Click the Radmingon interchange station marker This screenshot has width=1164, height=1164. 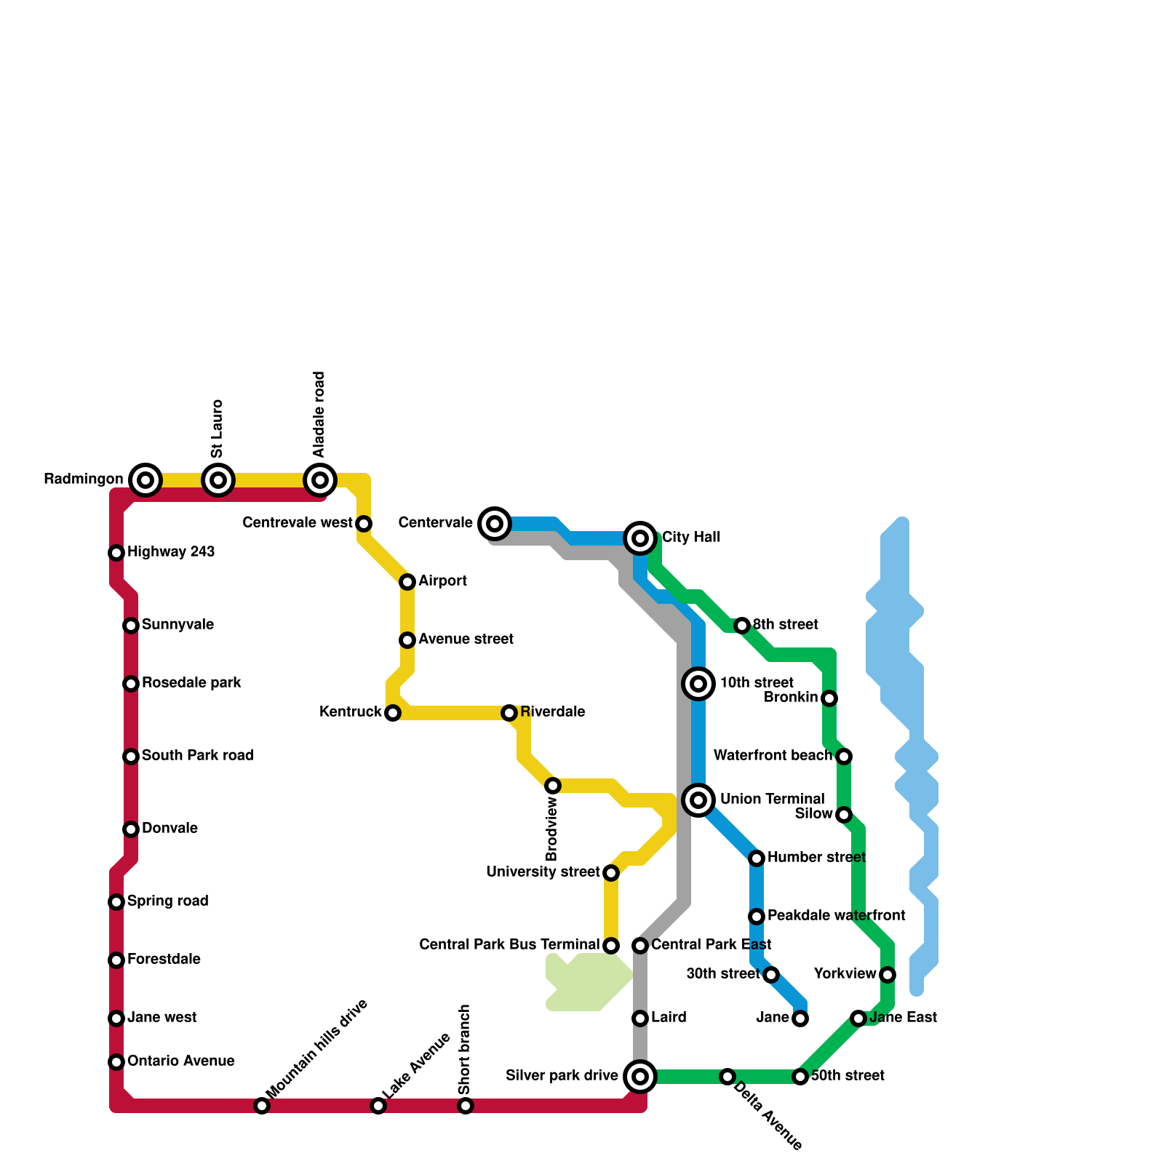(x=145, y=479)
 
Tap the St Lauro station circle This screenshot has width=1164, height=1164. (x=218, y=479)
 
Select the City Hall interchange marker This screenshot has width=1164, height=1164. (x=640, y=538)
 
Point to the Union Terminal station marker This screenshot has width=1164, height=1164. (x=698, y=800)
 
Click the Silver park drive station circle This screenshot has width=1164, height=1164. (x=640, y=1076)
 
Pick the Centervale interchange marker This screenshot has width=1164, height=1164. (x=495, y=523)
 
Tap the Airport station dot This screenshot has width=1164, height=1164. (x=407, y=581)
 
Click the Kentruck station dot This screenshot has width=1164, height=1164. (x=393, y=712)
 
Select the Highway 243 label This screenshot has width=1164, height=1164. (x=171, y=552)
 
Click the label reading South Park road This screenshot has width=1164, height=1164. (x=197, y=756)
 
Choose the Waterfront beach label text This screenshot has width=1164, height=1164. (x=773, y=756)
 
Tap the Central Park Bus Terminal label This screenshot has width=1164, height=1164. (x=510, y=945)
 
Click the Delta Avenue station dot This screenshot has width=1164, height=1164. (x=727, y=1076)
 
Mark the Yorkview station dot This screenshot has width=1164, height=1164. (x=888, y=974)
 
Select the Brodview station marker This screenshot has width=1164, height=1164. (x=553, y=785)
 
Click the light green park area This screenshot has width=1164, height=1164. (x=588, y=982)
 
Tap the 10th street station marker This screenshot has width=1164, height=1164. (x=698, y=683)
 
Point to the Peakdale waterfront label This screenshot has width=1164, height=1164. (x=837, y=916)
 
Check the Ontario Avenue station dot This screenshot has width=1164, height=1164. (x=116, y=1061)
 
